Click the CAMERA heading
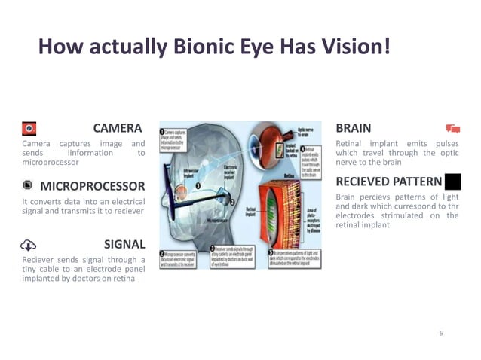[117, 127]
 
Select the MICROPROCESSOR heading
[92, 186]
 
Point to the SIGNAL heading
[124, 244]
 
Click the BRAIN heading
[353, 127]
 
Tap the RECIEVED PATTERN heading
[388, 181]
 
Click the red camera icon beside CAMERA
[29, 127]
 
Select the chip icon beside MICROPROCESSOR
[27, 185]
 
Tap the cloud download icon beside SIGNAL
[29, 245]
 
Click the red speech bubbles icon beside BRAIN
[452, 128]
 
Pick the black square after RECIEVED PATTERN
[452, 181]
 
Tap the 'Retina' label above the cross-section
[289, 175]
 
